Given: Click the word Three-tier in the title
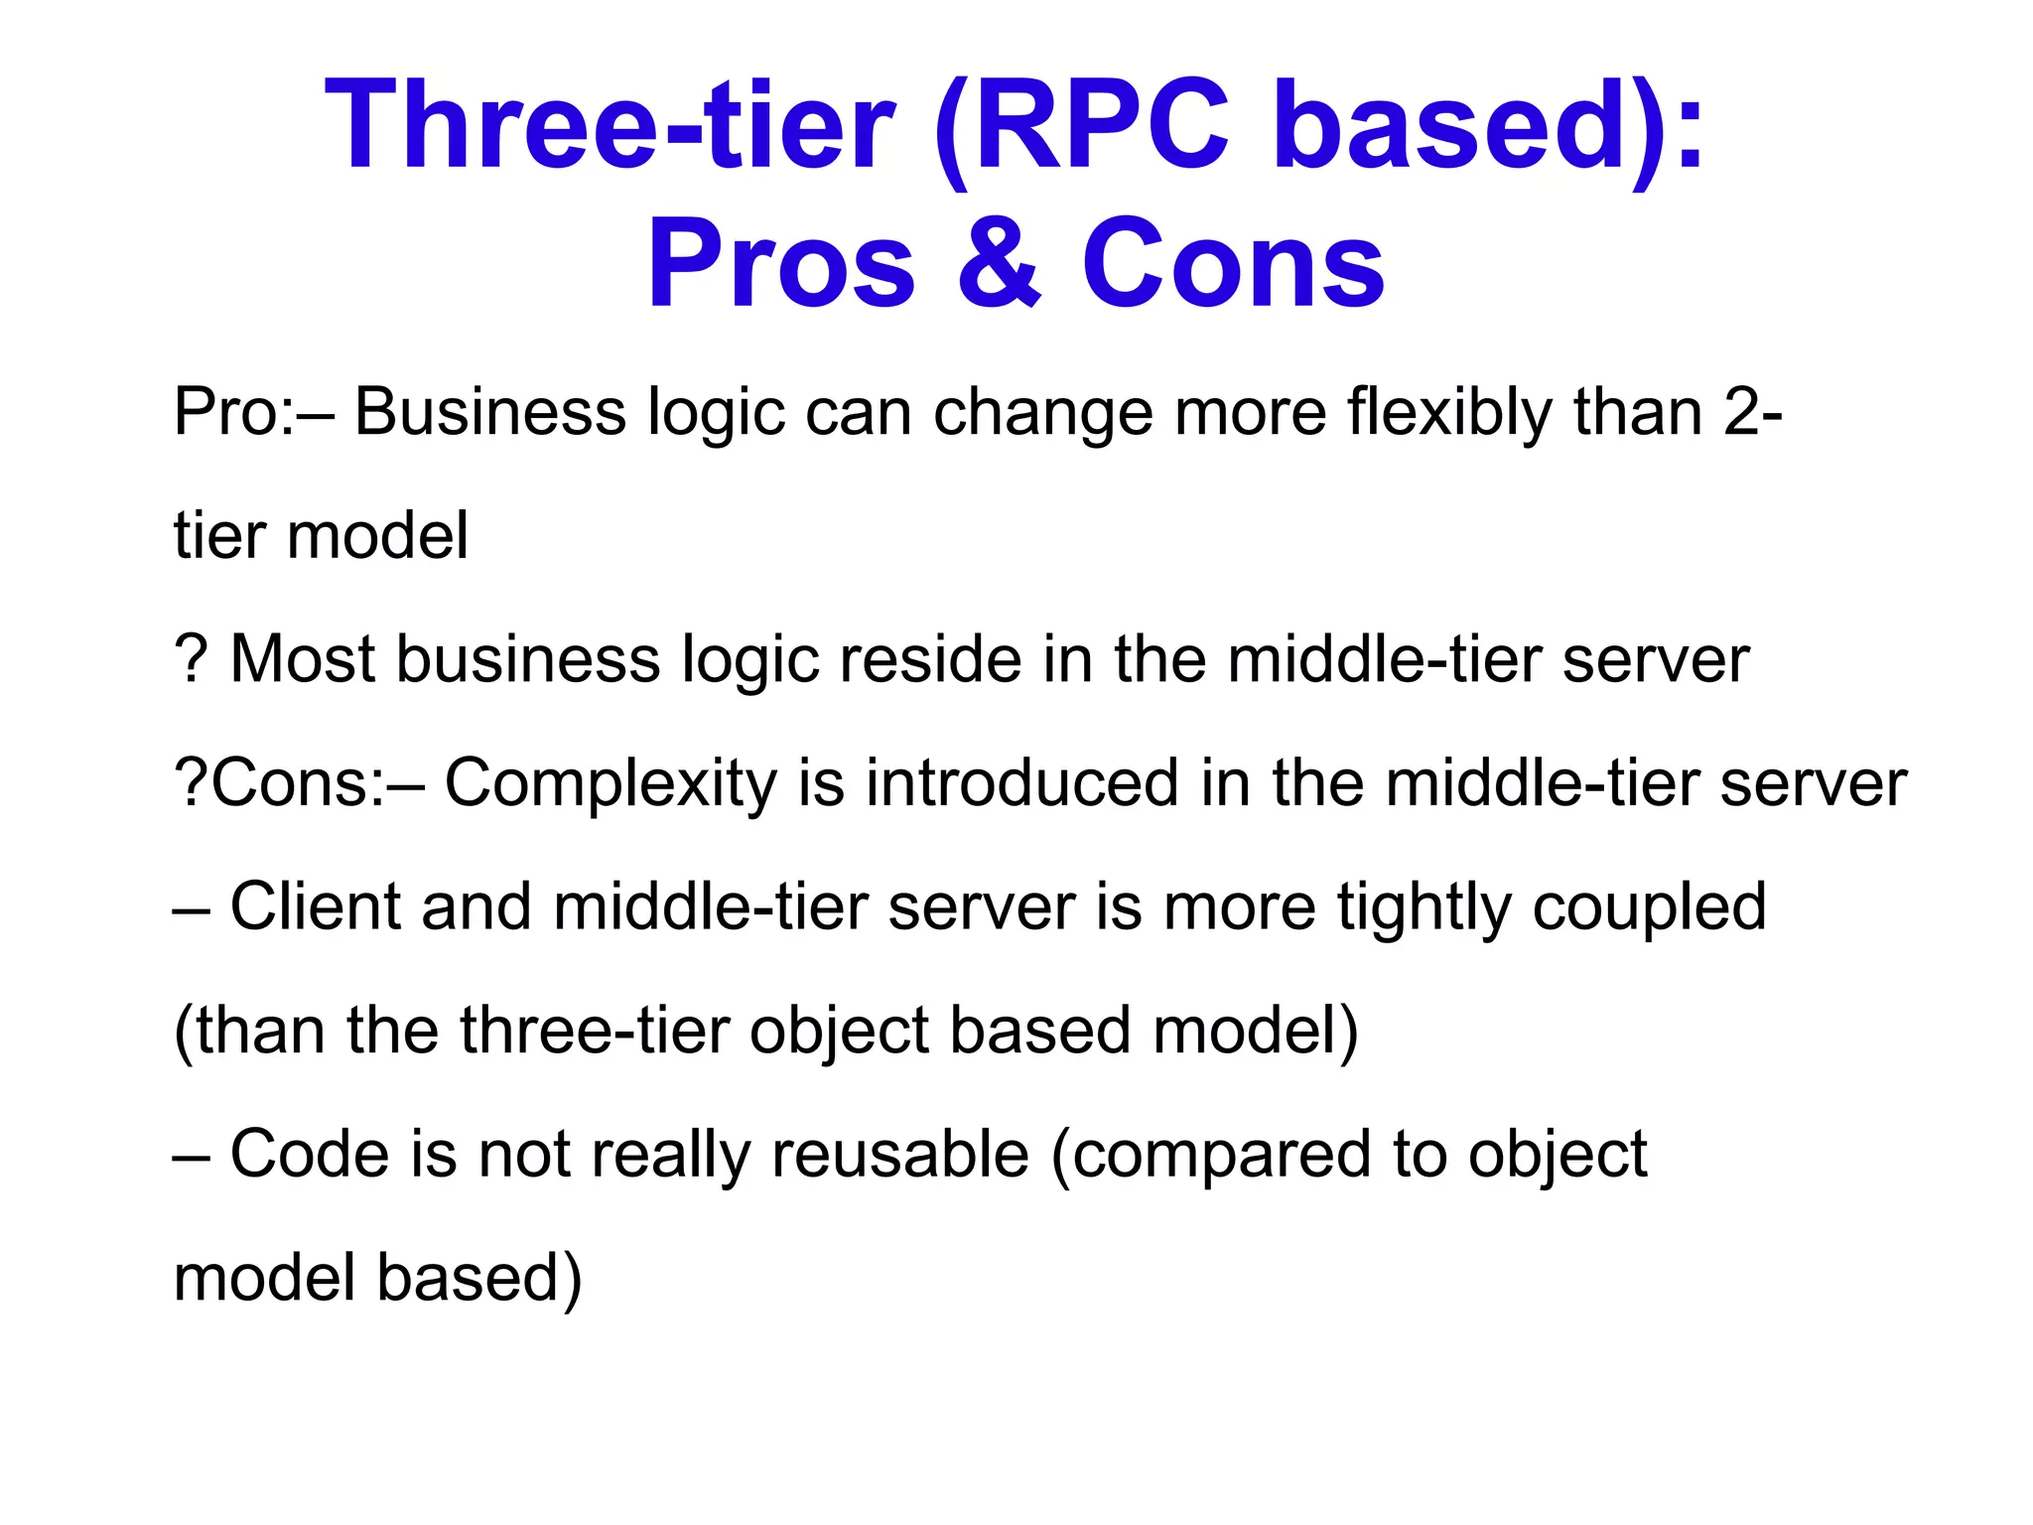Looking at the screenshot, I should pyautogui.click(x=610, y=126).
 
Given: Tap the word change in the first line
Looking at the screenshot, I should pyautogui.click(x=1042, y=412).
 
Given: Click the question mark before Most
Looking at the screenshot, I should pyautogui.click(x=190, y=659).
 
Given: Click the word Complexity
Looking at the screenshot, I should pyautogui.click(x=610, y=783).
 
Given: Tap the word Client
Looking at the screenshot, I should pyautogui.click(x=316, y=906).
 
